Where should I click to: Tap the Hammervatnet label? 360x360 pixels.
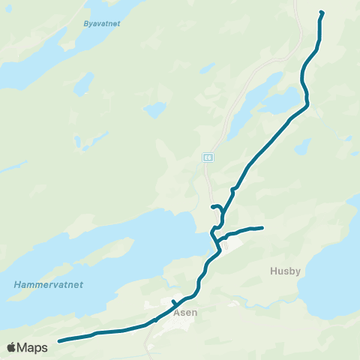(x=49, y=285)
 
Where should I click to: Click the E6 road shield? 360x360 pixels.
(x=208, y=157)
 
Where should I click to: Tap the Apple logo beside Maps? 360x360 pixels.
(x=11, y=347)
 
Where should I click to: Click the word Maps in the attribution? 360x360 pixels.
(x=33, y=347)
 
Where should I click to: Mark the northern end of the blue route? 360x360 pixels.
(x=322, y=13)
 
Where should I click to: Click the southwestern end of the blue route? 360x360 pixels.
(x=59, y=340)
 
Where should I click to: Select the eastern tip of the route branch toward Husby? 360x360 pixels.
(x=262, y=227)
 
